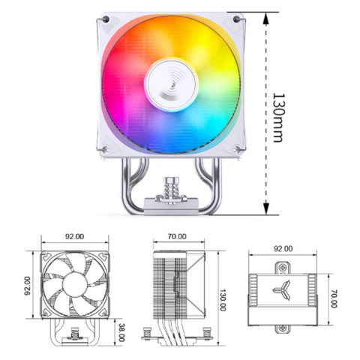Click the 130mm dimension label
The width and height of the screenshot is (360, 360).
click(277, 118)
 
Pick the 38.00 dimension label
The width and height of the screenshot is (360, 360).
click(121, 331)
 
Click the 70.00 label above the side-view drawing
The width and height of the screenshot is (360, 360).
click(177, 236)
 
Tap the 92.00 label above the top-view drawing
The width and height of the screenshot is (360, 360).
click(283, 248)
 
